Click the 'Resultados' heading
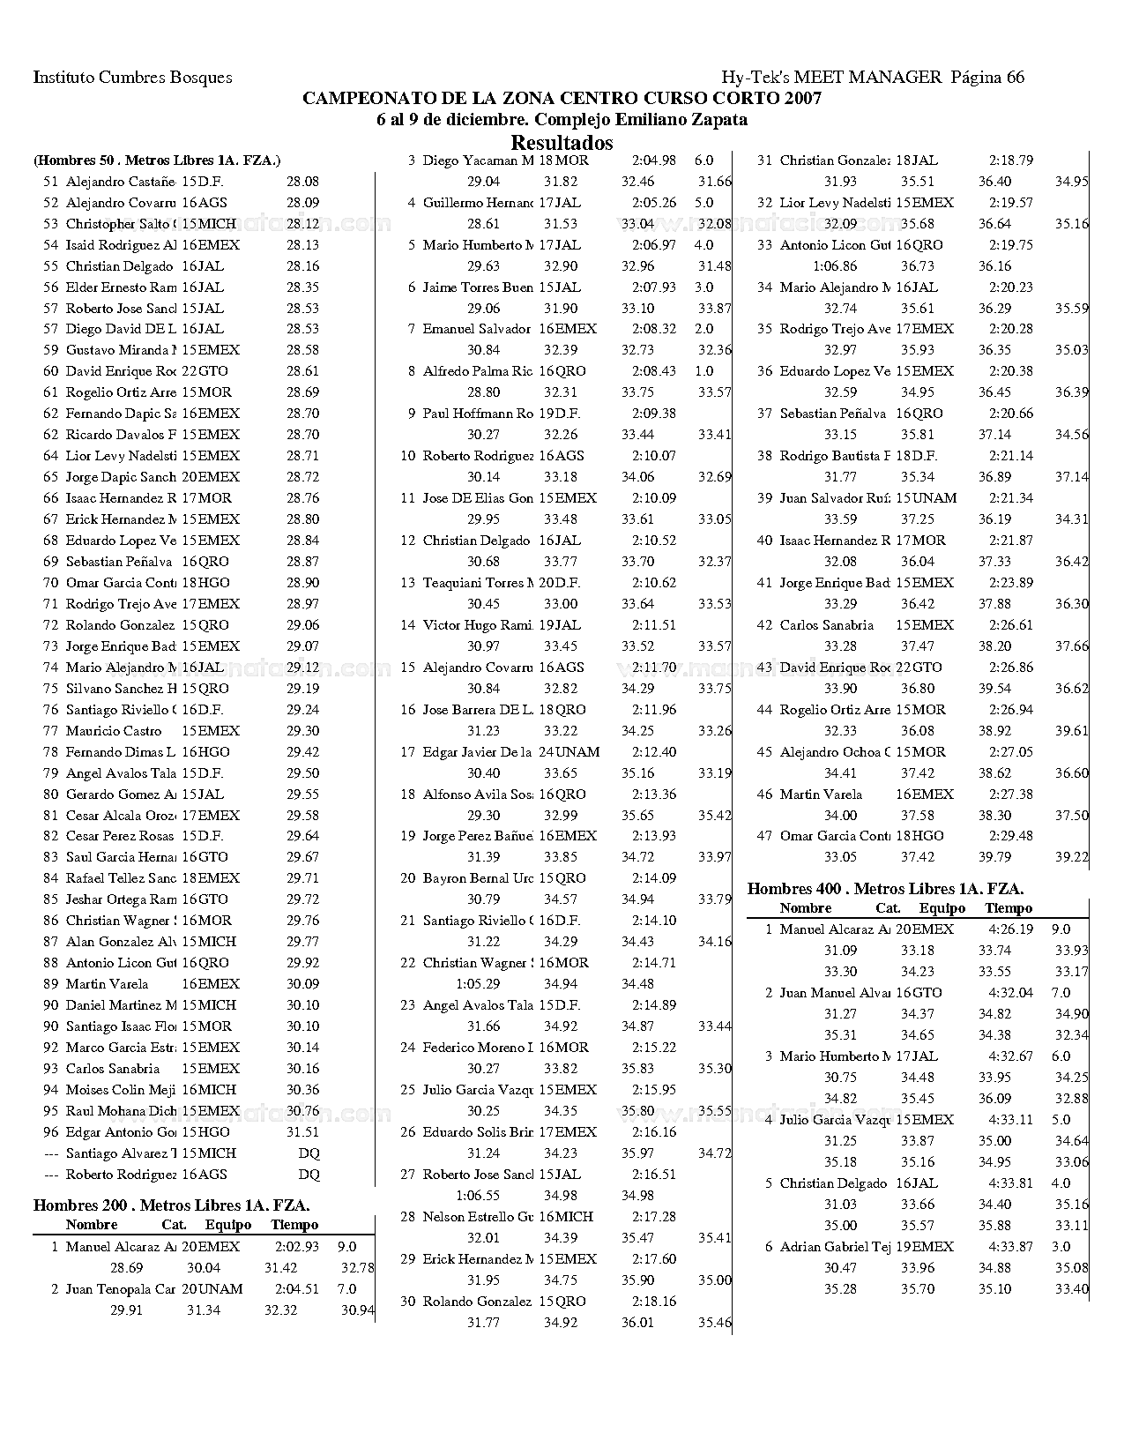click(x=562, y=142)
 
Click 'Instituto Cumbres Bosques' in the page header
click(x=133, y=78)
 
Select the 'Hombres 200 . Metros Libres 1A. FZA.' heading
click(x=171, y=1205)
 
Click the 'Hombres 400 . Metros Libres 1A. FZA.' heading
click(x=885, y=889)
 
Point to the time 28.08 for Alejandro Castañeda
click(x=302, y=182)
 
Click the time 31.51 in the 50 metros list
click(x=302, y=1132)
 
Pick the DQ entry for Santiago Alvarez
click(x=309, y=1153)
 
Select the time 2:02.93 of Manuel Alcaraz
click(x=297, y=1247)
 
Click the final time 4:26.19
click(x=1011, y=929)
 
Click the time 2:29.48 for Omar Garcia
click(x=1011, y=836)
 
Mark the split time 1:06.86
click(x=834, y=266)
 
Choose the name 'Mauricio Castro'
click(x=114, y=731)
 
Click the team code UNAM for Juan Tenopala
click(x=220, y=1289)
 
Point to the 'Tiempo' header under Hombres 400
click(x=1009, y=908)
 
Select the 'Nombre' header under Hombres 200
click(x=91, y=1225)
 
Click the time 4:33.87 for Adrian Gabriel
click(x=1011, y=1247)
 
